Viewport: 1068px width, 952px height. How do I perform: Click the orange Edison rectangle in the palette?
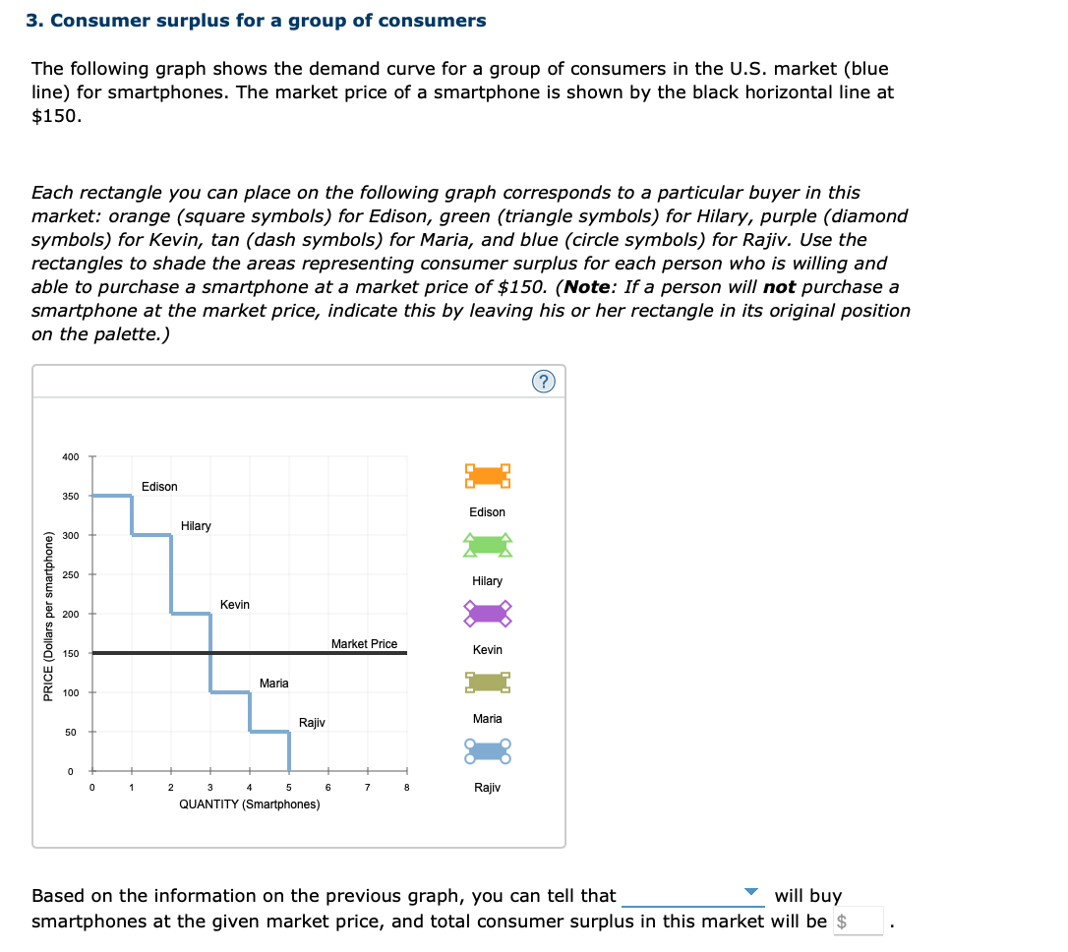(488, 476)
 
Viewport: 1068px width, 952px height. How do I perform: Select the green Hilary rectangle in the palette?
(488, 545)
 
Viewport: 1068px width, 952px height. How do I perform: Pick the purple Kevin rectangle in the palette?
(488, 614)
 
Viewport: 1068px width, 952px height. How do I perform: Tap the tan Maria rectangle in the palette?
(488, 683)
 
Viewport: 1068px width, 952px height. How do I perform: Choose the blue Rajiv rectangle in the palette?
(488, 752)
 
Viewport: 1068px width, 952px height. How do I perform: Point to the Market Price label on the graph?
(364, 644)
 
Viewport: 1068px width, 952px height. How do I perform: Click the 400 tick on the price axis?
(70, 456)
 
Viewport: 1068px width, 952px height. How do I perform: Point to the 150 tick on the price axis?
(70, 653)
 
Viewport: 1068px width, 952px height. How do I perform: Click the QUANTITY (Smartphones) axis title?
(249, 804)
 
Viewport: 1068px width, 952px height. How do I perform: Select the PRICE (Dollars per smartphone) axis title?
(48, 616)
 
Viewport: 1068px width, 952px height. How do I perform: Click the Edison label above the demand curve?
(159, 487)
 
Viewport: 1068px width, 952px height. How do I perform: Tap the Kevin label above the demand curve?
(235, 605)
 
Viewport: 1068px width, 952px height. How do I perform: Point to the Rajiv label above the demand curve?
(312, 723)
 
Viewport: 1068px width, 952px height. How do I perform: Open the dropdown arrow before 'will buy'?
(751, 893)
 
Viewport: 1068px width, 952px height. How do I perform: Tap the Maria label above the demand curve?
(274, 684)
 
